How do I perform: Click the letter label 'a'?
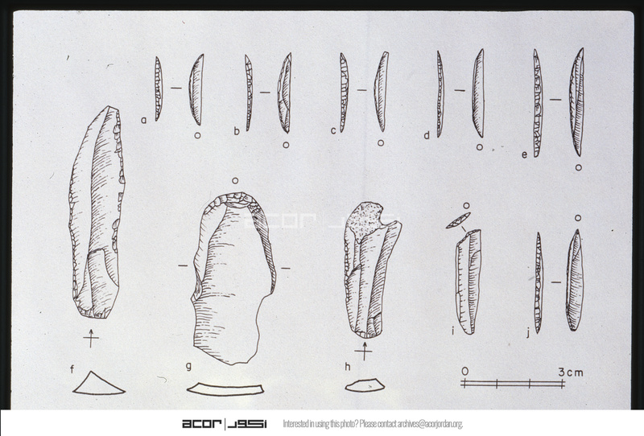click(x=143, y=120)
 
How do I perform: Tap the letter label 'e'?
click(x=524, y=154)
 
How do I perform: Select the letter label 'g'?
click(x=188, y=365)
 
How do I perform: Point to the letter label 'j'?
click(x=528, y=333)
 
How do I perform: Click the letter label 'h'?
click(x=348, y=366)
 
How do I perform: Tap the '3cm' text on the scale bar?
click(x=571, y=372)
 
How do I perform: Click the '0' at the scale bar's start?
click(x=464, y=372)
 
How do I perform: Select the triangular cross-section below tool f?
click(x=98, y=386)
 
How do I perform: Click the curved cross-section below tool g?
click(x=225, y=389)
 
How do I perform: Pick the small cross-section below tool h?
click(x=365, y=385)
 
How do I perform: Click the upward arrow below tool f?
click(x=91, y=338)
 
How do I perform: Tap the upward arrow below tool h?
click(x=364, y=351)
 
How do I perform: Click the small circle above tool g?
click(x=235, y=181)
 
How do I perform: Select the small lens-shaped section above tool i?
click(x=458, y=220)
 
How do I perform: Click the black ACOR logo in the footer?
click(x=225, y=424)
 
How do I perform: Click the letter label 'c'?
click(x=333, y=130)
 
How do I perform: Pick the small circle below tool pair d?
click(x=479, y=147)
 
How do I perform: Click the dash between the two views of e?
click(x=555, y=100)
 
